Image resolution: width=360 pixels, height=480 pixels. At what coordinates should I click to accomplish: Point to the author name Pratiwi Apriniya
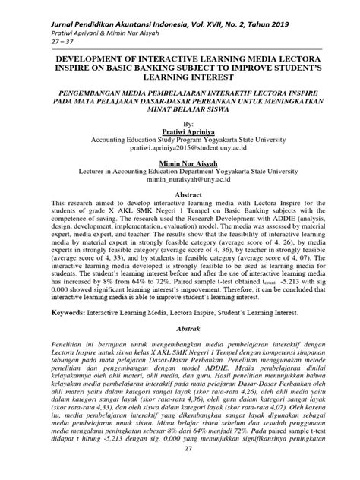179,131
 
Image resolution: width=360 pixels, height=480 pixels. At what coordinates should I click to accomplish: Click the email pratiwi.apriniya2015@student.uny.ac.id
179,150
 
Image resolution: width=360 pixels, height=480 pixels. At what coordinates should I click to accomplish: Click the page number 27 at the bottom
179,470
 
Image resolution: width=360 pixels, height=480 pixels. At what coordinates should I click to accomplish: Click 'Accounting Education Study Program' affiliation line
179,141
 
